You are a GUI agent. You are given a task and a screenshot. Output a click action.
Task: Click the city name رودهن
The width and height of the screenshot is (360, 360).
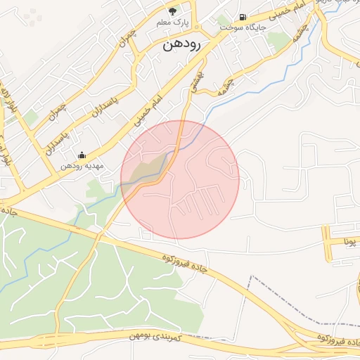[x=182, y=46]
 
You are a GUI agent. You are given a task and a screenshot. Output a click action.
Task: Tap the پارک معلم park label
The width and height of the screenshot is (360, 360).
[x=173, y=22]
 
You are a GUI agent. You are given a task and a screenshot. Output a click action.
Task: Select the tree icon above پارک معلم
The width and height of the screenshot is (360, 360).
[x=173, y=11]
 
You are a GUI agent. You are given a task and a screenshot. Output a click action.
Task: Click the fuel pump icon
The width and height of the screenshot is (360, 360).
[x=243, y=16]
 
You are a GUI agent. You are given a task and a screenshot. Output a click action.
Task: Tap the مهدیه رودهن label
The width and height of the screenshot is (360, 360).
[x=80, y=166]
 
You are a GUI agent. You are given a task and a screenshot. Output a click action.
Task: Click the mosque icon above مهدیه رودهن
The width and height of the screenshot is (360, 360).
[x=82, y=155]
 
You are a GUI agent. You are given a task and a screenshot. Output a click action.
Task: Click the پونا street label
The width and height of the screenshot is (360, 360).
[x=349, y=241]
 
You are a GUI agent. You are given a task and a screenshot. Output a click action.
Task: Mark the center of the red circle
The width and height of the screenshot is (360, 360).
[x=180, y=179]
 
